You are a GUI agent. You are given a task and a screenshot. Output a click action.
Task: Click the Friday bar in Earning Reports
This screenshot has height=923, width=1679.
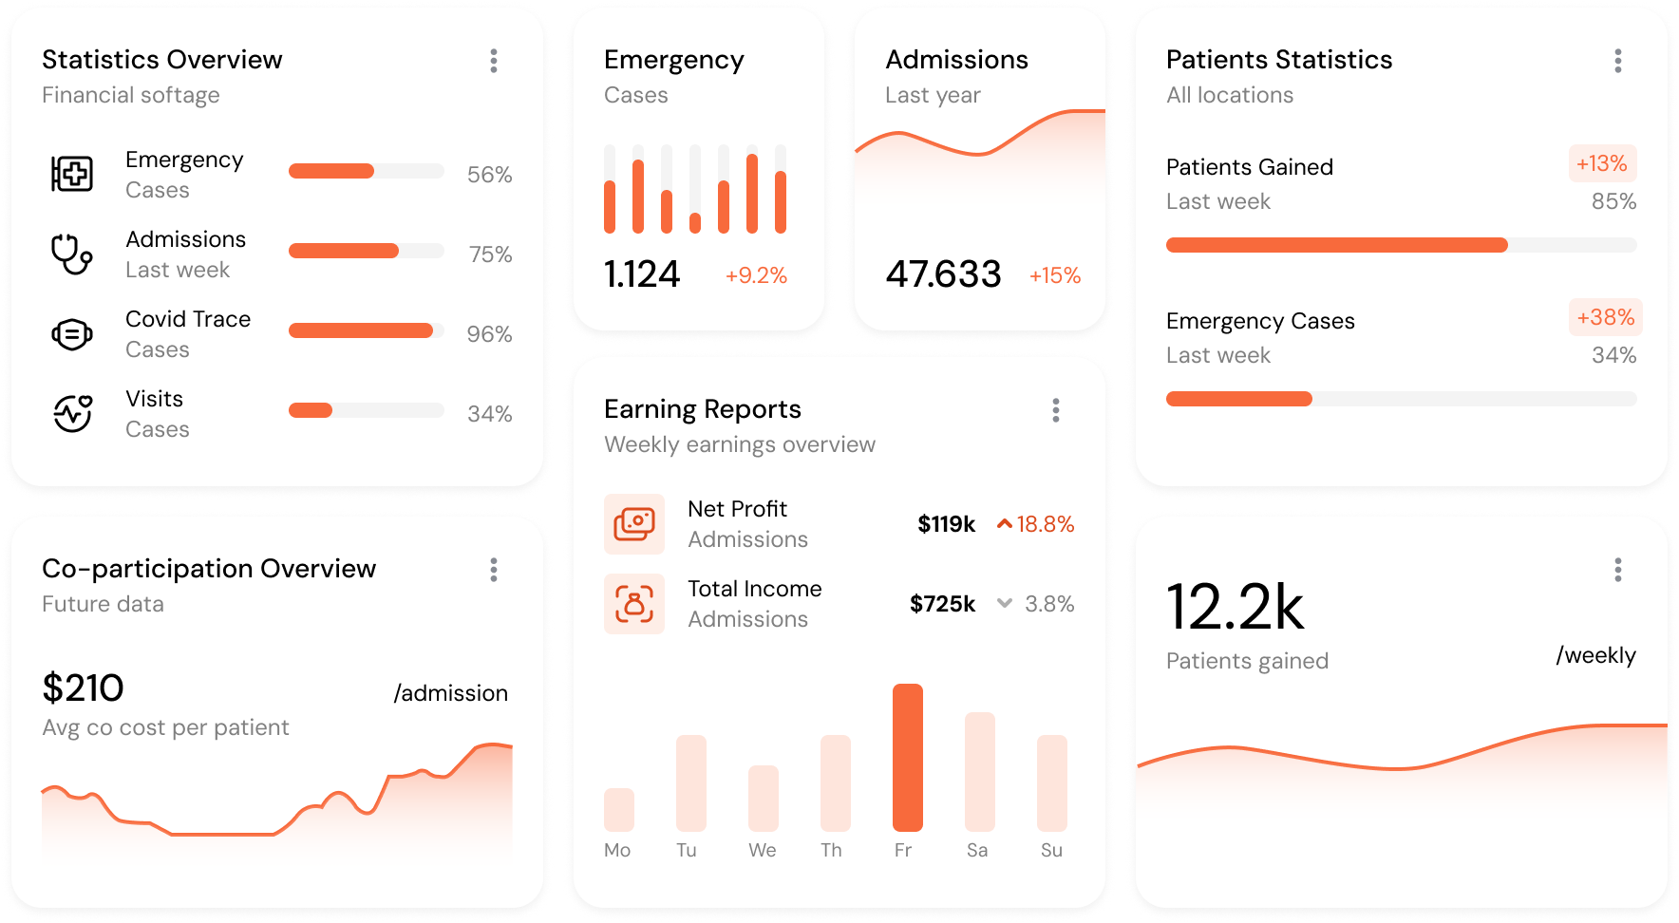click(x=907, y=757)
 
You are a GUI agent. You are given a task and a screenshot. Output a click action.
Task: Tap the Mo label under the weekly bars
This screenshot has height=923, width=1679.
click(x=617, y=850)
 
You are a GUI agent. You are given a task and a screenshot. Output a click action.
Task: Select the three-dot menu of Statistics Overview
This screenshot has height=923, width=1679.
click(x=493, y=61)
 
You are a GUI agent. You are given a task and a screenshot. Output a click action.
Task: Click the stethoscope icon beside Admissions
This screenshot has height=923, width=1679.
click(x=71, y=254)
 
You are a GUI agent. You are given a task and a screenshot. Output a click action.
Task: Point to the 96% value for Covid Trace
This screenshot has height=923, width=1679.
click(x=489, y=334)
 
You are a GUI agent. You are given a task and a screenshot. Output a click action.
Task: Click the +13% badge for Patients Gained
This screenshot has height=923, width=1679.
click(x=1601, y=163)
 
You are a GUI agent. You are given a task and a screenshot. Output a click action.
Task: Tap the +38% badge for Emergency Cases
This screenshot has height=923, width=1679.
click(x=1605, y=317)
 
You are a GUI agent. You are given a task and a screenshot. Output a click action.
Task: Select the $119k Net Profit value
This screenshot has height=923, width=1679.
click(x=946, y=524)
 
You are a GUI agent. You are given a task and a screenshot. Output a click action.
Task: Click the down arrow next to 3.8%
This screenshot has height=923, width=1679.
click(x=1004, y=603)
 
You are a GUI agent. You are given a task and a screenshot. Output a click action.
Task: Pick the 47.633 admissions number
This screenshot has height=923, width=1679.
click(x=943, y=274)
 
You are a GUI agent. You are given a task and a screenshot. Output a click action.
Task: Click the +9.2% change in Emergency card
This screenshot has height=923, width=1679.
click(x=756, y=275)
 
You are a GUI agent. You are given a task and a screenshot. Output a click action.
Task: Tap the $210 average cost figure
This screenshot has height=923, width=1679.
click(x=84, y=688)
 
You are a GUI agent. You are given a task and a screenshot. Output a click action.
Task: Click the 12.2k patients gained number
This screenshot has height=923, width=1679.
click(x=1235, y=608)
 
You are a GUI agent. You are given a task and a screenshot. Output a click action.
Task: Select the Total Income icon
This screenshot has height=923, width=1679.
click(x=634, y=603)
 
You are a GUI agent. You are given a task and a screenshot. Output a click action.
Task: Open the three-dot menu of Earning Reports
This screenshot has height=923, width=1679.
click(x=1055, y=410)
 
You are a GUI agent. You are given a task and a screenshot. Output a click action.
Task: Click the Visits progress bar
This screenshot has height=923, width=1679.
click(x=366, y=410)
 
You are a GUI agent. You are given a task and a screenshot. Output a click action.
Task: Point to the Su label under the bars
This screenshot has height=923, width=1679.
click(x=1051, y=850)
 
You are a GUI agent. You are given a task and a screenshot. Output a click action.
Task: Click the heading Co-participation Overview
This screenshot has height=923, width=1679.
click(x=209, y=568)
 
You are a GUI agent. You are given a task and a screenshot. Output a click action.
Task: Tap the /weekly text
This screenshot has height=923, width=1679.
click(x=1595, y=655)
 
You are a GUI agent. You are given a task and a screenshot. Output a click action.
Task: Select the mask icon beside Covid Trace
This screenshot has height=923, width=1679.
click(x=71, y=333)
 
